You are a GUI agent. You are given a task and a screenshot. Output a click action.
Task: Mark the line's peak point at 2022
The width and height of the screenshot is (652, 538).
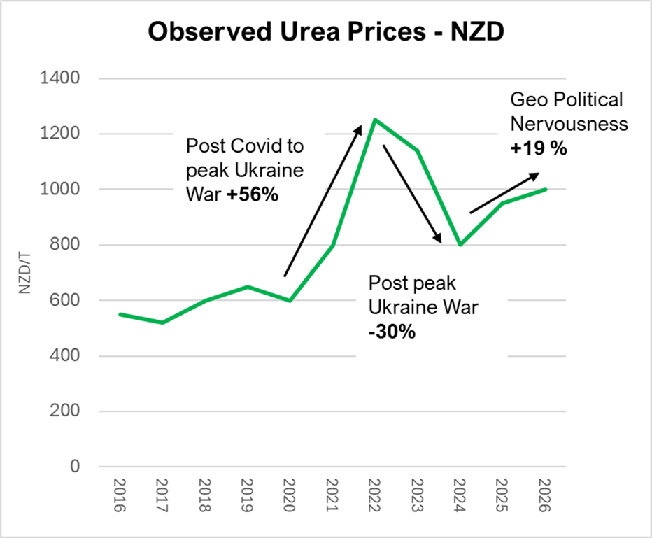click(x=374, y=120)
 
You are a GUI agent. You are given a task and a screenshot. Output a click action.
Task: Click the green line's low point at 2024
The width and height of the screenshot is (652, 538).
click(x=459, y=245)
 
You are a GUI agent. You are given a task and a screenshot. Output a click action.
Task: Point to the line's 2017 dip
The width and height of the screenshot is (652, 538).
click(x=162, y=322)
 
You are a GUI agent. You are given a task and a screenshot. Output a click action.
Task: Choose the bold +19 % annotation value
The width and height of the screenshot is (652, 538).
click(x=538, y=148)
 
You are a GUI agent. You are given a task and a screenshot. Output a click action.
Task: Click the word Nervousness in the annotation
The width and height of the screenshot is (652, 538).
click(x=568, y=124)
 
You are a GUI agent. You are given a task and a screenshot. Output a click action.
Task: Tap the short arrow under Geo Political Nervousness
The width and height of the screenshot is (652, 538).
click(x=504, y=192)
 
